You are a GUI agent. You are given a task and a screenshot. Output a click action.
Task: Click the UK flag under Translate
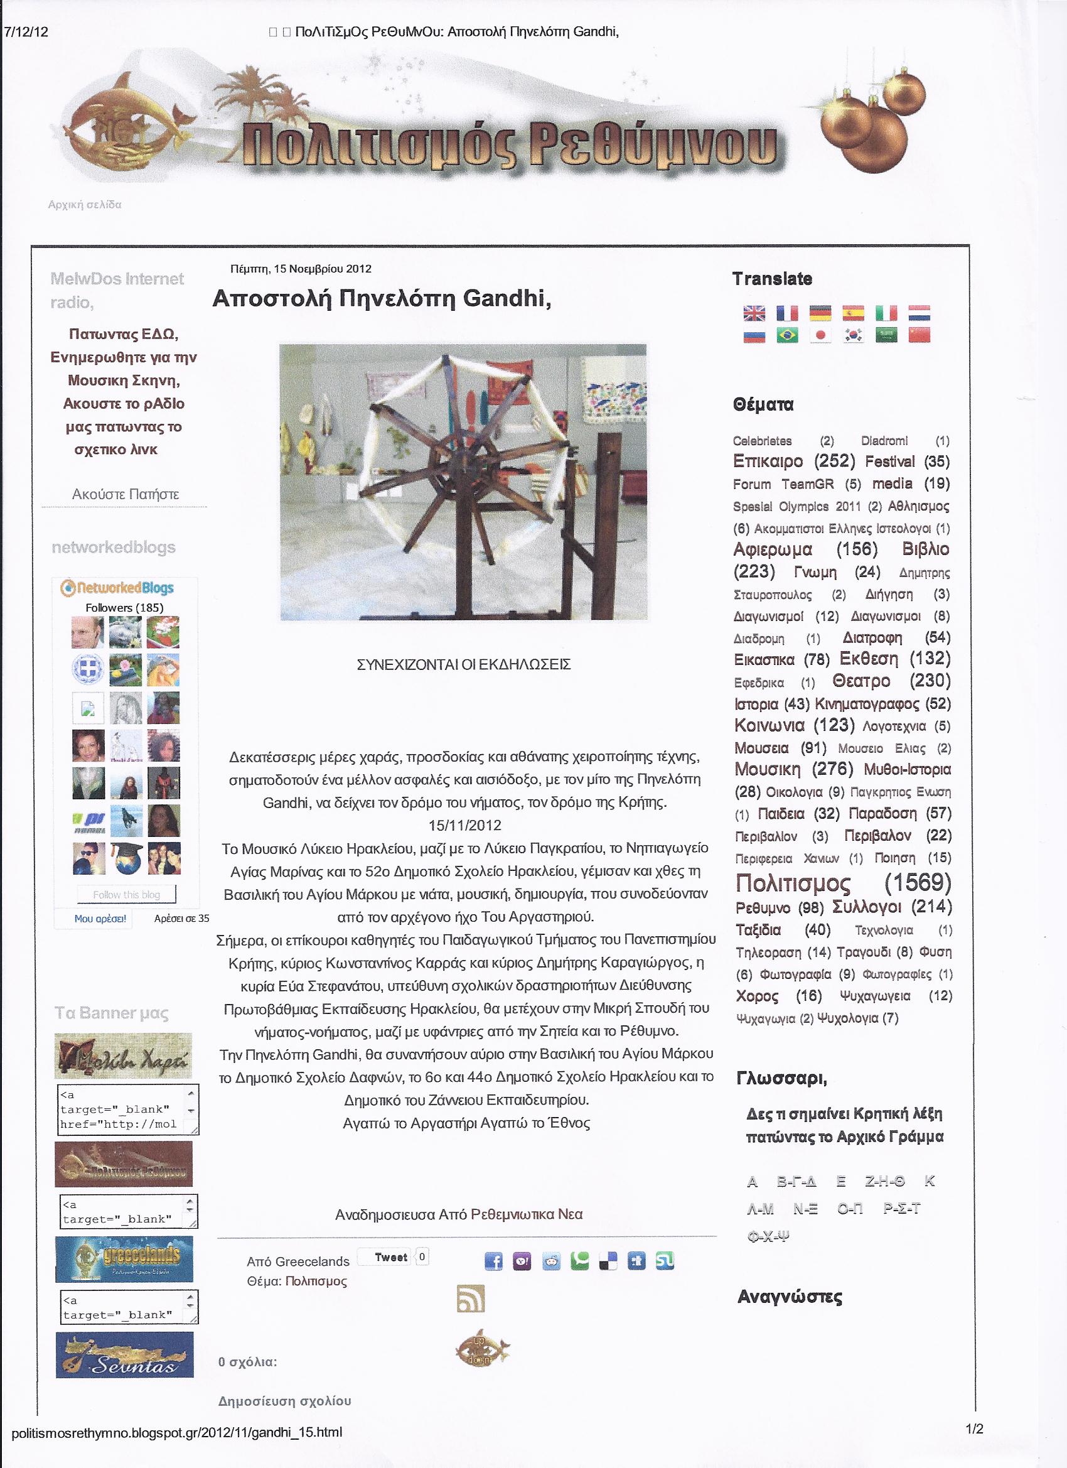[754, 313]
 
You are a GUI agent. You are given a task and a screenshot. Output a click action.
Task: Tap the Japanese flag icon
[820, 335]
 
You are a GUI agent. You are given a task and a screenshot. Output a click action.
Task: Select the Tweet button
[390, 1257]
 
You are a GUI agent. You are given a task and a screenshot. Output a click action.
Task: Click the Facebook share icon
[494, 1261]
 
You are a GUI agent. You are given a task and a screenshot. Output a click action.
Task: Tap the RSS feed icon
[470, 1298]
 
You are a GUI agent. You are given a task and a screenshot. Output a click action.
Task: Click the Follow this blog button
[126, 895]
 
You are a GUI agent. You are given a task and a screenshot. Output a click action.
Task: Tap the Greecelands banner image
[124, 1259]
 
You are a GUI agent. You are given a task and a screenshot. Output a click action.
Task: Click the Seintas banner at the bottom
[124, 1354]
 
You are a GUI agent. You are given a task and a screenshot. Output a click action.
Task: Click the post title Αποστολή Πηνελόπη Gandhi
[382, 298]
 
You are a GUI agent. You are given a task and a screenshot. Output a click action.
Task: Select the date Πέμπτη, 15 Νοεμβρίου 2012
[301, 269]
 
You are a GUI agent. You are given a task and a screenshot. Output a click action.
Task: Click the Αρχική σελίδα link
[85, 205]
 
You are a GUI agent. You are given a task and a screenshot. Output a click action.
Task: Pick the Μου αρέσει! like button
[100, 919]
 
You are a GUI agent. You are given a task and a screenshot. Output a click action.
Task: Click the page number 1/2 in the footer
[975, 1429]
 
